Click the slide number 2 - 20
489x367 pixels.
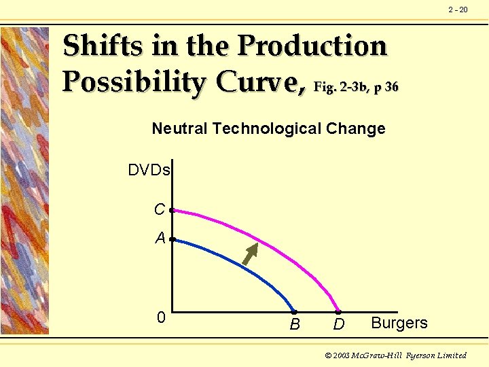458,10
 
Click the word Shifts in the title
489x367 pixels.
102,46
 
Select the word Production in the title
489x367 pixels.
312,46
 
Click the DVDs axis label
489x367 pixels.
149,170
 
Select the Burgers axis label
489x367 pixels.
399,323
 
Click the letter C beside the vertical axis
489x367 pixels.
160,210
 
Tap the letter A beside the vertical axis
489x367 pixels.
160,238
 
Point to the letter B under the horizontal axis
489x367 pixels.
295,325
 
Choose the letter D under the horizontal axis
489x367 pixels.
339,325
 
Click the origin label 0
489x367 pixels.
161,317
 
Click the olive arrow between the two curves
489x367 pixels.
251,253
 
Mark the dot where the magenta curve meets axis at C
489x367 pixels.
172,211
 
